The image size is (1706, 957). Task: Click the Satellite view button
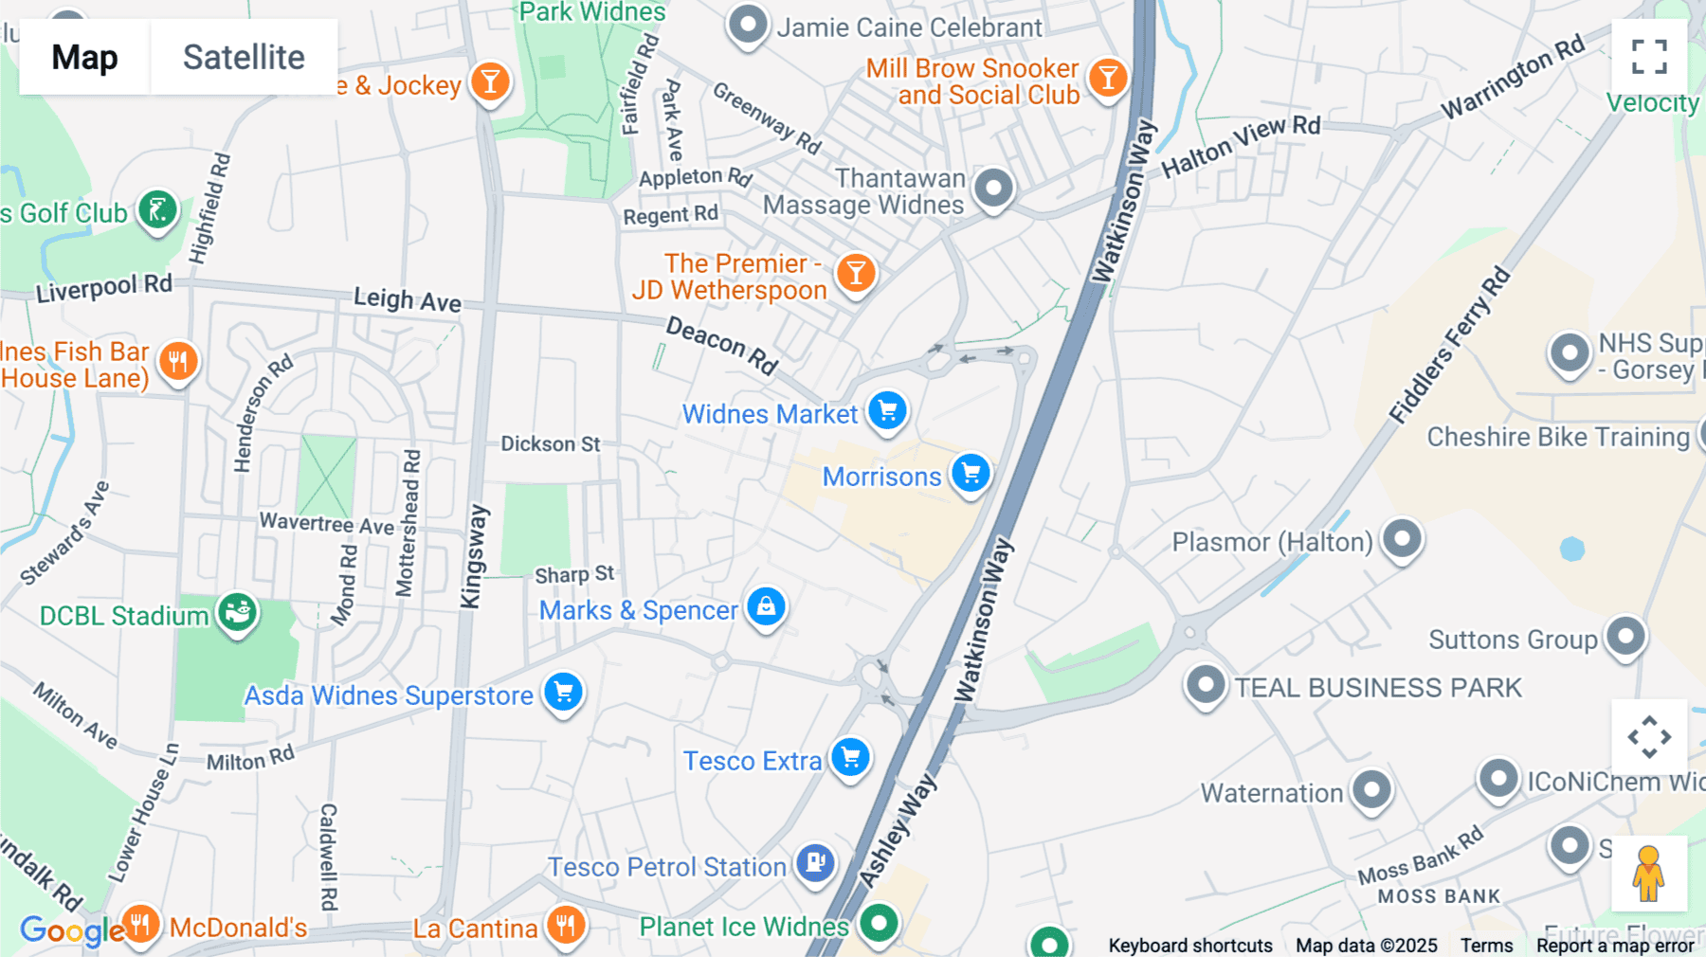coord(244,57)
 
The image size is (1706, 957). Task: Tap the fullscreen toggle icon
coord(1649,57)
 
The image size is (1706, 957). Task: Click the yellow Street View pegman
coord(1648,873)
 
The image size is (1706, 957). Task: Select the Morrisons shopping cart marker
coord(971,472)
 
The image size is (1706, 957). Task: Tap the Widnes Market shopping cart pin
coord(888,410)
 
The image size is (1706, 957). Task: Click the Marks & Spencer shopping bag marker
coord(766,606)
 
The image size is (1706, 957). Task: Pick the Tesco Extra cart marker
coord(851,757)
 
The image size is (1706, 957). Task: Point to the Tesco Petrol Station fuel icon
coord(815,862)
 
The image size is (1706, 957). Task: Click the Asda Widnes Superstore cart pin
coord(564,692)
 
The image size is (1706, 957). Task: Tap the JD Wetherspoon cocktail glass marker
coord(856,273)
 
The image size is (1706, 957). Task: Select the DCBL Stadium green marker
coord(237,613)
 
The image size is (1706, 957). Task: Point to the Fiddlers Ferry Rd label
coord(1449,346)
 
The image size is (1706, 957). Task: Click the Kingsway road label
coord(473,557)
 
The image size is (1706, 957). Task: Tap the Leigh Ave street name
coord(408,299)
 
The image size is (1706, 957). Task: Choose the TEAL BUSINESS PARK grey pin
coord(1207,684)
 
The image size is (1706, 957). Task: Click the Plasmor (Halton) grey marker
coord(1403,539)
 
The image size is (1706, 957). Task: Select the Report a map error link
coord(1615,946)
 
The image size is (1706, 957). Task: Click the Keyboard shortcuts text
coord(1190,946)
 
